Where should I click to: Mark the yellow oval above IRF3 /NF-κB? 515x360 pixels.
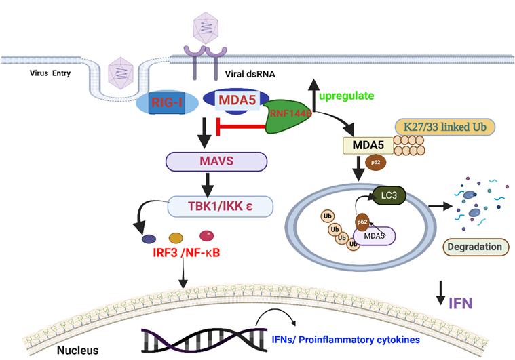[175, 238]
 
